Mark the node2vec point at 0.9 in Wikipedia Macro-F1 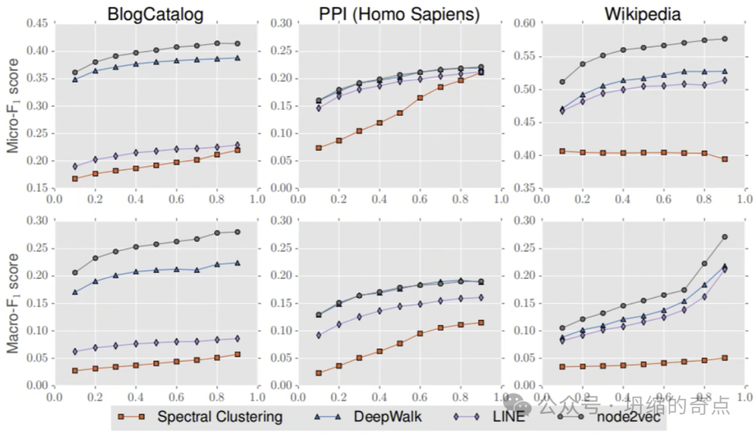(x=724, y=237)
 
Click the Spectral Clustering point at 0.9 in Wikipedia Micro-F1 (x=724, y=159)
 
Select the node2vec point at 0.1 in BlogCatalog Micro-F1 (x=75, y=73)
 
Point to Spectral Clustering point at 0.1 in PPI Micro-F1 (x=318, y=148)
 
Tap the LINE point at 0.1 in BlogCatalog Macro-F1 (x=75, y=351)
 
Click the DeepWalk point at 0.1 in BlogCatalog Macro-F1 (x=75, y=292)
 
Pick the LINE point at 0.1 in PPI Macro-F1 (x=318, y=335)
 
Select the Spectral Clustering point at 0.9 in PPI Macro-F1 (x=480, y=323)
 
